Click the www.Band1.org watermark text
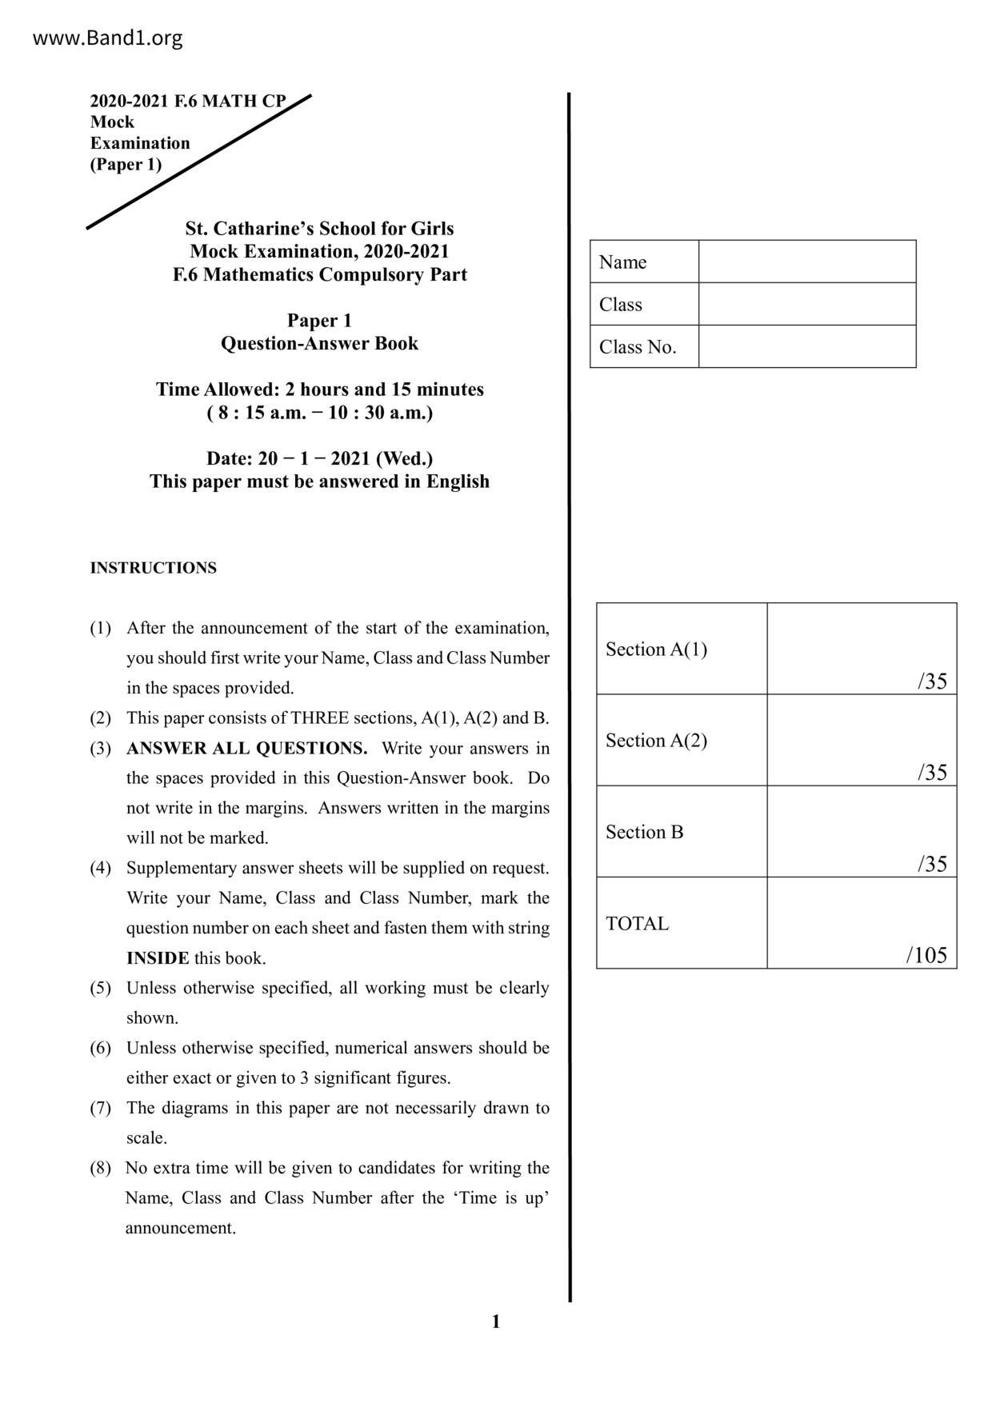107,38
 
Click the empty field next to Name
806,262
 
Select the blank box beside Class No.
806,346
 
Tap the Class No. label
638,347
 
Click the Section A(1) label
656,649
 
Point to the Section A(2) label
656,740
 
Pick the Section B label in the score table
644,832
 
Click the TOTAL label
637,923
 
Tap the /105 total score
926,955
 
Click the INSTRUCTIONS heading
153,568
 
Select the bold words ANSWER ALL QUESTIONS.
246,749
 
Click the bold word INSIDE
158,958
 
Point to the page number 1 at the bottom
495,1322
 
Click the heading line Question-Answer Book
319,343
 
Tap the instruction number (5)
100,988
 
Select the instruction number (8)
100,1168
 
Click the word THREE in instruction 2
319,718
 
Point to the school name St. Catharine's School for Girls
319,228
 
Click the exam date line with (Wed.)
319,458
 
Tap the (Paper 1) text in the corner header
126,164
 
